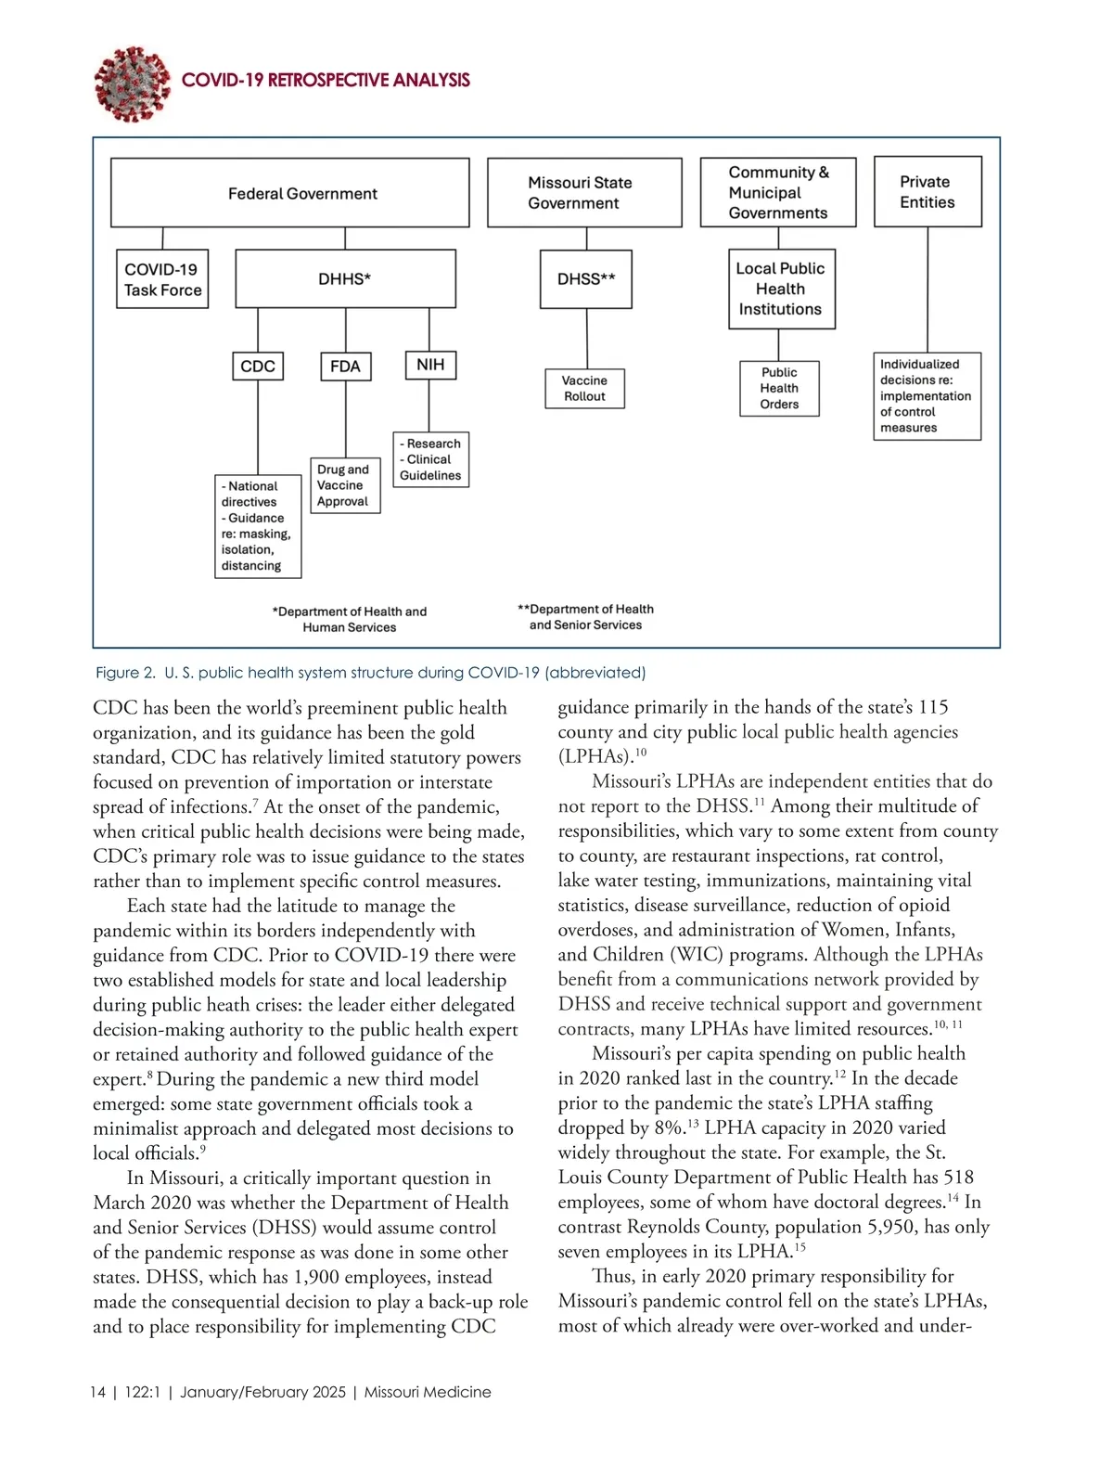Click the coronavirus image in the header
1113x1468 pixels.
point(132,84)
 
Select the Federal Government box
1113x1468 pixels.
point(290,193)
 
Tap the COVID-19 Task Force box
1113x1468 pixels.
point(162,279)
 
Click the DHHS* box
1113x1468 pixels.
point(345,279)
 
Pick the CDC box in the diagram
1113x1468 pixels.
point(258,367)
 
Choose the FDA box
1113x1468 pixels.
point(345,367)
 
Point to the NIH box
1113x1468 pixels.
point(430,365)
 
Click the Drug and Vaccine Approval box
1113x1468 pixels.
point(345,485)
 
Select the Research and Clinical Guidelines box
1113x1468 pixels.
point(430,459)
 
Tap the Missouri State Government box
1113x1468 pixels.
point(584,193)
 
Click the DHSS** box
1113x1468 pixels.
point(586,279)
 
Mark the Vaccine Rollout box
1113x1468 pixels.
point(585,389)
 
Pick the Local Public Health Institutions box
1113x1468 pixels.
point(780,289)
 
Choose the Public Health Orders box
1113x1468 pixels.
point(779,389)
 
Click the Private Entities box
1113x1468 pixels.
point(927,192)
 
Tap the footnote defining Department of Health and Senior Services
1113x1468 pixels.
point(585,617)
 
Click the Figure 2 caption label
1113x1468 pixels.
point(125,673)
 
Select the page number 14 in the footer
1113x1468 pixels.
point(97,1392)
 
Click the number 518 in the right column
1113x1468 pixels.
point(958,1178)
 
